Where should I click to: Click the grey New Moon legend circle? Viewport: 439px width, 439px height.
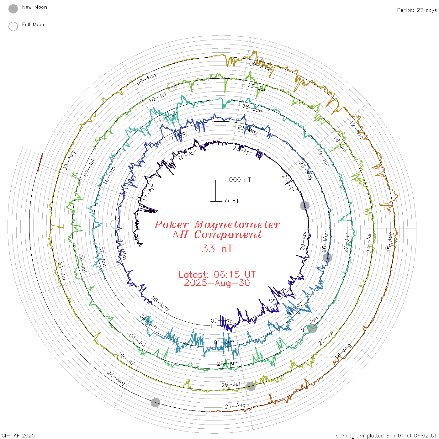(13, 9)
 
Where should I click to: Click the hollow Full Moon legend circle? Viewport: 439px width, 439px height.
(13, 26)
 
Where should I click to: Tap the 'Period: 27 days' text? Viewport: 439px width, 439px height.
(417, 10)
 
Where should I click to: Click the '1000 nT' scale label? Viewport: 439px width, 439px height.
(238, 180)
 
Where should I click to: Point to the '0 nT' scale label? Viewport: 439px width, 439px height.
(232, 201)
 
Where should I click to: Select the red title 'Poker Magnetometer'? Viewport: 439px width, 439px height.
(217, 225)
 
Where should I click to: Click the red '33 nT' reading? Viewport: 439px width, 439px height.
(217, 249)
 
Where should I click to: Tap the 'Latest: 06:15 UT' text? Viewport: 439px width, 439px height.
(217, 275)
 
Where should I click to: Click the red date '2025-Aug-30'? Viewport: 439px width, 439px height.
(217, 283)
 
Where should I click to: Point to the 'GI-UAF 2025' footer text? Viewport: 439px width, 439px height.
(18, 436)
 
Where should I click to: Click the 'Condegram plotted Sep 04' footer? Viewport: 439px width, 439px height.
(386, 436)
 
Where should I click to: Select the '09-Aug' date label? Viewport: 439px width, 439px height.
(259, 66)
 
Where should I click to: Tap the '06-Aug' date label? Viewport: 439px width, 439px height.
(146, 79)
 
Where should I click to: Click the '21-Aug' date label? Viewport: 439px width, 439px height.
(235, 406)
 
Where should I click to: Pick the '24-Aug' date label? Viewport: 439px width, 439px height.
(116, 378)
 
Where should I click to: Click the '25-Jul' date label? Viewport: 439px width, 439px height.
(231, 384)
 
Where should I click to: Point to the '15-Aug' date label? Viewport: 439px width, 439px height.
(390, 242)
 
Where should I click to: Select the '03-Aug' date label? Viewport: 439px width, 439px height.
(69, 161)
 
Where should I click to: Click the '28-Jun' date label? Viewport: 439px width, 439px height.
(227, 363)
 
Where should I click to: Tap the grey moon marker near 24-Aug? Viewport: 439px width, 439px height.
(156, 403)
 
